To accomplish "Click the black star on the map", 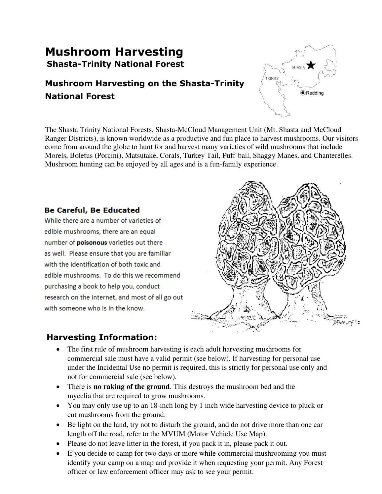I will click(x=311, y=65).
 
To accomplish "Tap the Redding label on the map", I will click(x=315, y=93).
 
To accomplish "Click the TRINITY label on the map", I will click(x=272, y=78).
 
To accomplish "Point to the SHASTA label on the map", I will click(x=298, y=67).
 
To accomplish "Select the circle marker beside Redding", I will click(x=303, y=93).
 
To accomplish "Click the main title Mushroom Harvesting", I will click(x=114, y=52).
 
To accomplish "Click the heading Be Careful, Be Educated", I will click(x=92, y=210).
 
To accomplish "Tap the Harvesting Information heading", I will click(x=102, y=337).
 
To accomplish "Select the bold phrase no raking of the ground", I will click(x=131, y=387).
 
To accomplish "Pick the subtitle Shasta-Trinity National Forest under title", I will click(x=115, y=64).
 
